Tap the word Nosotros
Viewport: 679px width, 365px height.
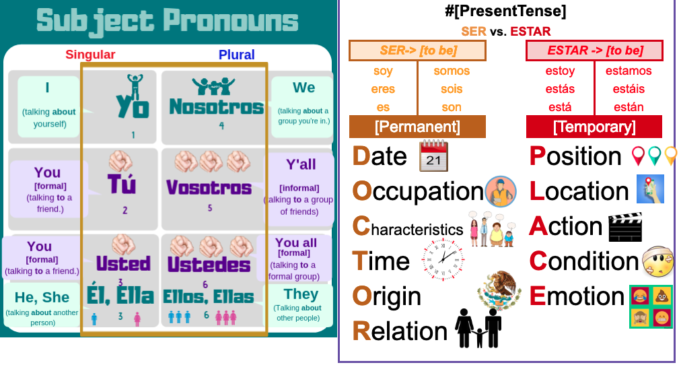tap(215, 106)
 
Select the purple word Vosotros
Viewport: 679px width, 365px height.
tap(209, 187)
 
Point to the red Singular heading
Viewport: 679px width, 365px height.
tap(90, 55)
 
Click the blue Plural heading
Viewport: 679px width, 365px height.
tap(236, 55)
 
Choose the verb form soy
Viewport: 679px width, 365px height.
tap(383, 71)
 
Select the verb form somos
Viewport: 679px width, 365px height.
tap(452, 71)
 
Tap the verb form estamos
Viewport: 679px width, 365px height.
tap(629, 71)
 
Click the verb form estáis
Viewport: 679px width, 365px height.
tap(629, 89)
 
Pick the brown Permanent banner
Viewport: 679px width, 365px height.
tap(417, 127)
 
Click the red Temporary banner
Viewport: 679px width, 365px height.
tap(594, 127)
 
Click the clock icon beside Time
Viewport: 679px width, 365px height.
tap(443, 260)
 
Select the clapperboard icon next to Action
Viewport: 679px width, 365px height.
tap(625, 226)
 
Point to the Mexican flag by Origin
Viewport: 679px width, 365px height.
tap(499, 291)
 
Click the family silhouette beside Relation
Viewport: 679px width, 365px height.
tap(479, 328)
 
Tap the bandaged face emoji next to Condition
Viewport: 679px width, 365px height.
tap(657, 262)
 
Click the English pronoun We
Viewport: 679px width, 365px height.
tap(303, 88)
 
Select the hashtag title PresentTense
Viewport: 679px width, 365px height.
tap(505, 11)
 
